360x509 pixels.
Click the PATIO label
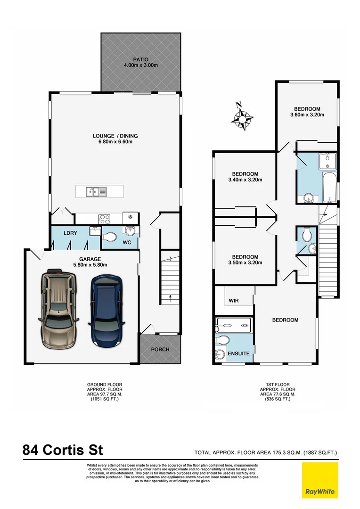(x=140, y=59)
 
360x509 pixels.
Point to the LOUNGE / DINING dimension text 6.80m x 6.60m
(x=115, y=142)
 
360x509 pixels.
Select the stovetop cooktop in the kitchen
(x=104, y=219)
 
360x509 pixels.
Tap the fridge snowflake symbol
(x=130, y=218)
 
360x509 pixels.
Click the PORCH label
(x=160, y=350)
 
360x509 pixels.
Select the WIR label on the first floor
(x=234, y=300)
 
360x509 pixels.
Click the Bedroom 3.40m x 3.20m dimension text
(x=245, y=180)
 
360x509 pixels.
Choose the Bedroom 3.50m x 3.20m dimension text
(x=245, y=263)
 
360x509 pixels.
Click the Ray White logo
(x=320, y=480)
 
